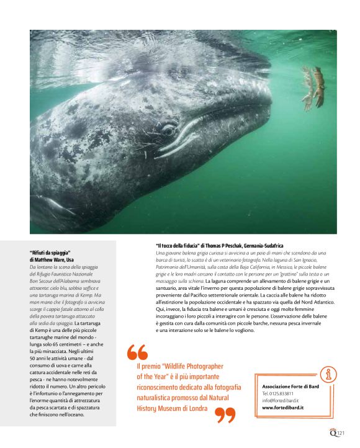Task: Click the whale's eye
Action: coord(168,130)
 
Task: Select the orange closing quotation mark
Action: coord(225,414)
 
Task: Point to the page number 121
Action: coord(341,434)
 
